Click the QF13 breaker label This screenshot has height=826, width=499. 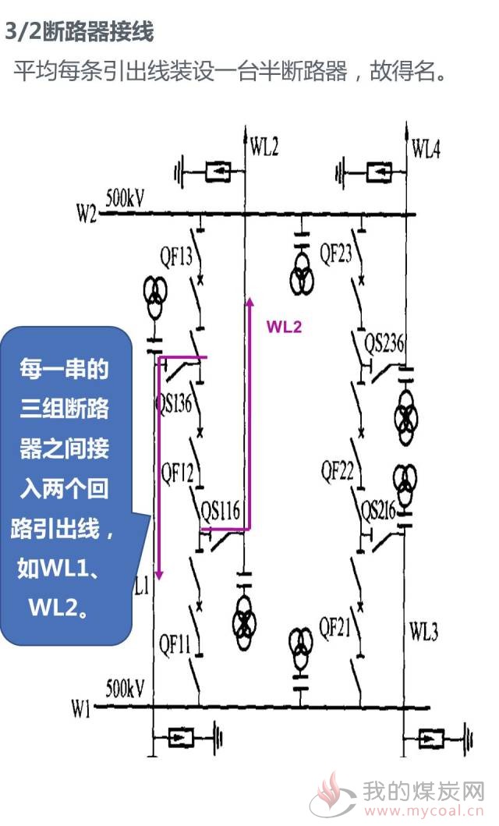176,257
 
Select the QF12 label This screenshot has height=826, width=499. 177,473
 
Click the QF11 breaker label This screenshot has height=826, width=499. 175,643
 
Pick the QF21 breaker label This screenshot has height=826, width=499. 334,627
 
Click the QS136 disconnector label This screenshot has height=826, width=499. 174,403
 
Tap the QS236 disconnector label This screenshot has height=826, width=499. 384,343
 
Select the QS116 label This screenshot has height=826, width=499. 221,510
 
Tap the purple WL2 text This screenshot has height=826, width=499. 285,327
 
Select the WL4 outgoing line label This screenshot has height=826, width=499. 426,148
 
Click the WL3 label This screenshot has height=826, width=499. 423,630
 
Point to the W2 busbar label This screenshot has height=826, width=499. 87,214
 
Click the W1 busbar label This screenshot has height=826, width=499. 81,709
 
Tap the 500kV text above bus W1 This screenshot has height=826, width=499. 125,688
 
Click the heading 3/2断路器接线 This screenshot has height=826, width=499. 80,32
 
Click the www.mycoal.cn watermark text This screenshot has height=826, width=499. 423,810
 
